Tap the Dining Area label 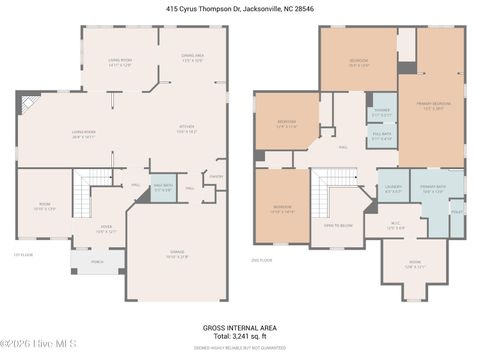point(193,58)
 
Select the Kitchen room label point(186,128)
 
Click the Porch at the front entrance point(97,265)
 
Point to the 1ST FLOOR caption point(22,254)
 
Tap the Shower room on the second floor point(381,112)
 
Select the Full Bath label point(381,136)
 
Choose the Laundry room point(392,187)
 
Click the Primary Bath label point(432,187)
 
